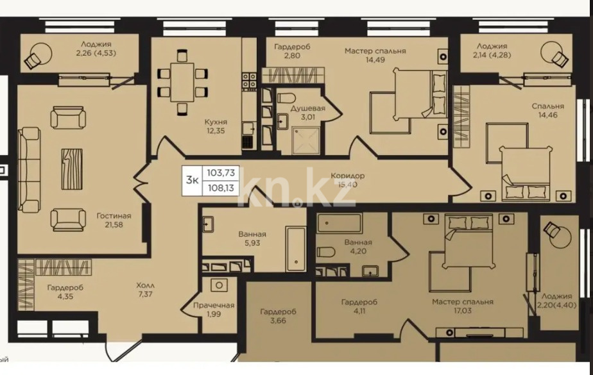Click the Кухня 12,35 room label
(x=216, y=126)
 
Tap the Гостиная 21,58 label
(x=110, y=221)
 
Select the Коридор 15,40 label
(x=348, y=180)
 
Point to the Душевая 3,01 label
(x=307, y=113)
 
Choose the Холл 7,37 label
(x=146, y=290)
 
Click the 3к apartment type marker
(x=192, y=180)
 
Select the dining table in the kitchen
(x=182, y=81)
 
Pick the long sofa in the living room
(x=30, y=168)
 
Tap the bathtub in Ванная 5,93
(x=296, y=247)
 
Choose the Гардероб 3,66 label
(x=278, y=317)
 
